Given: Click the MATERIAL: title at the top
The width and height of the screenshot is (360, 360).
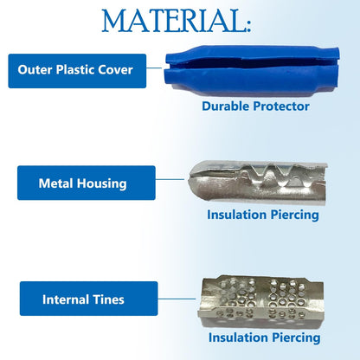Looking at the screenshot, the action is [177, 21].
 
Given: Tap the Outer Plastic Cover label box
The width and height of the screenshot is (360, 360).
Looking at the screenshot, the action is [77, 71].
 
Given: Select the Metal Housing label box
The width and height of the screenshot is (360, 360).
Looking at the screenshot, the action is [87, 183].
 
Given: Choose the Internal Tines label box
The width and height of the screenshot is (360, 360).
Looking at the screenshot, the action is [88, 299].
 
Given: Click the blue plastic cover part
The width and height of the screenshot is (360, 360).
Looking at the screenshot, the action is [252, 70].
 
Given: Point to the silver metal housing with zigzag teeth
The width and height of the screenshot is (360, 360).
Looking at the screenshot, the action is [257, 182].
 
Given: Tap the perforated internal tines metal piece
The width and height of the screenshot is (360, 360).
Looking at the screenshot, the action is [260, 301].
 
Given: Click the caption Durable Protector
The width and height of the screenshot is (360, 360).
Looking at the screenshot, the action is [255, 106].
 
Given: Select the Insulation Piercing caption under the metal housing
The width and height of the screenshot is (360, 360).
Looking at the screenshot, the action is [263, 215].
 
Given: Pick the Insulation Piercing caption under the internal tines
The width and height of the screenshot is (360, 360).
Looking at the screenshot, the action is [264, 337].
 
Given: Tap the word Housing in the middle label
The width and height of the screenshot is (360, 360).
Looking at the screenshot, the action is [102, 183].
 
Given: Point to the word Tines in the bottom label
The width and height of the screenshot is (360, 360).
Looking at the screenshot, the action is [108, 299].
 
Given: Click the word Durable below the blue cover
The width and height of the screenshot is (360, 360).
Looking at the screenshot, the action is [226, 106].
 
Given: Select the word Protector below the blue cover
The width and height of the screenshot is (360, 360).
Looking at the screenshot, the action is [281, 106].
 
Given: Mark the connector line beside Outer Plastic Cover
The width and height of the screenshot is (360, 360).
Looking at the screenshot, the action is [154, 68].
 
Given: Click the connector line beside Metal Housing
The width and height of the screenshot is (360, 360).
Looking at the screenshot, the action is [170, 179].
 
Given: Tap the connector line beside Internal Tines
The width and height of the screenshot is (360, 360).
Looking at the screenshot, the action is [177, 299].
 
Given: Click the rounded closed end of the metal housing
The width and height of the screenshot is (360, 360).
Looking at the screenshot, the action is [194, 181].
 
